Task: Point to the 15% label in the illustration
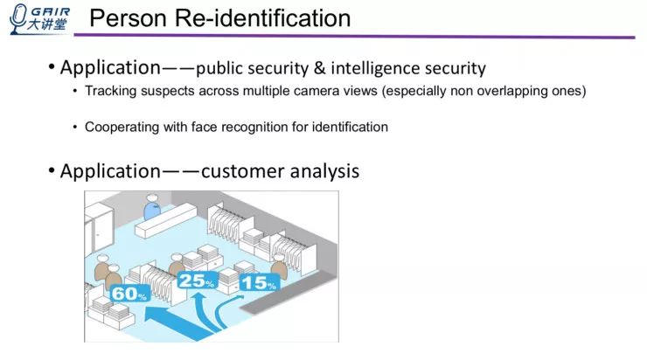259,283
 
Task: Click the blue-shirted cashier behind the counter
153,211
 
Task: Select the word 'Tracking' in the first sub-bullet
111,92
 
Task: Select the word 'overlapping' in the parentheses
499,92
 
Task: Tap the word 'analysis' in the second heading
323,171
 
